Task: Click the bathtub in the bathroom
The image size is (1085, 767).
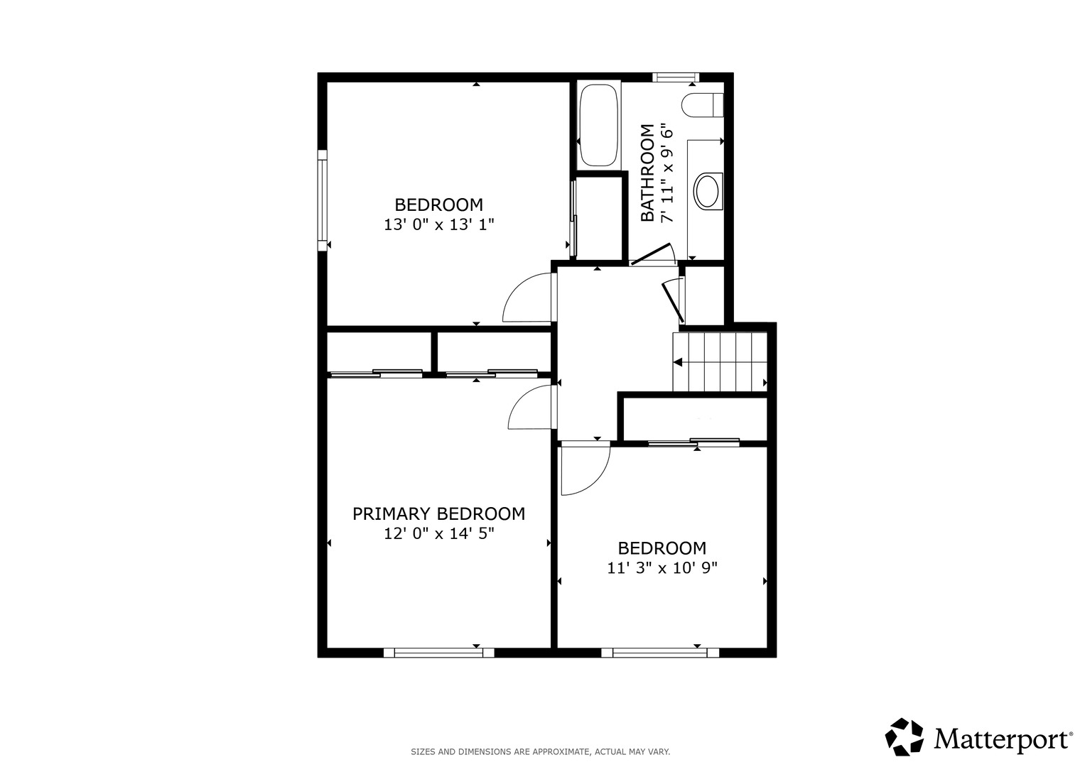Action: pos(599,126)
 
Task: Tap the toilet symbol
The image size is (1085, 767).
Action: pos(702,105)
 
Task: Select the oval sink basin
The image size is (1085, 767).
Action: pos(707,191)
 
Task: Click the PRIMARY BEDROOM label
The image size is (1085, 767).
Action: pos(439,513)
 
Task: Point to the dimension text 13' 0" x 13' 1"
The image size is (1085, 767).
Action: pos(439,224)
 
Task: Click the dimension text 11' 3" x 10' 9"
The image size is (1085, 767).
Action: pos(662,567)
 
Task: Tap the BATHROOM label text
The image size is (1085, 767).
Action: pos(647,173)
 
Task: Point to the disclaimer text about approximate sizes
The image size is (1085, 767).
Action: pos(541,752)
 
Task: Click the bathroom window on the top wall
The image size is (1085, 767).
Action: pos(676,77)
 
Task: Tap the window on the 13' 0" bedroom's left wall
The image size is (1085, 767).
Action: pos(322,200)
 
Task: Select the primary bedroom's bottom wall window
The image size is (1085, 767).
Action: pos(439,653)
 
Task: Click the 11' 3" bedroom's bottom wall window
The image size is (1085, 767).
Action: pos(660,653)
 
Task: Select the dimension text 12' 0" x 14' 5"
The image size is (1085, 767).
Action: pos(439,533)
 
